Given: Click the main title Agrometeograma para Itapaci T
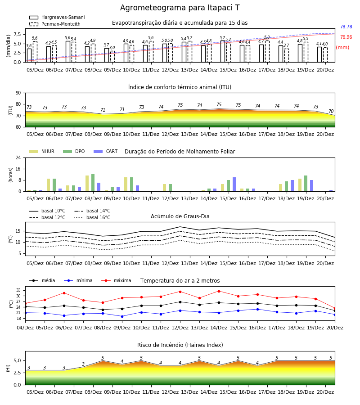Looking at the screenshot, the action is coord(180,8).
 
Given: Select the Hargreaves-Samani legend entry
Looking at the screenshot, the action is coord(57,17).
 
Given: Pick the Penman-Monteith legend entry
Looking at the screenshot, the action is coord(55,24).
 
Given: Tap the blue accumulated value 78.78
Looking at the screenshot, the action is coord(346,27).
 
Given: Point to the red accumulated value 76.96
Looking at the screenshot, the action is coord(346,37).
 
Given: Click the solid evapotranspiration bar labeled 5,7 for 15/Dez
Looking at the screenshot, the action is coord(223,51).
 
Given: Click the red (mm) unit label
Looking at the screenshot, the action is coord(342,48).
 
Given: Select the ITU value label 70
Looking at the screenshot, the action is coord(331,111).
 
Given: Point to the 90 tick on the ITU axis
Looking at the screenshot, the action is coord(18,93).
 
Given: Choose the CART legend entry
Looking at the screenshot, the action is coord(106,151).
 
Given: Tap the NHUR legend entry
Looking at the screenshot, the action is coord(42,151).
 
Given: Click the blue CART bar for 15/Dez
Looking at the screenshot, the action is coord(234,184).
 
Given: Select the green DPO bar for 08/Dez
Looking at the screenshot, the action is coord(93,183).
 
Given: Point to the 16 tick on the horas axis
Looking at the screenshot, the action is coord(18,169).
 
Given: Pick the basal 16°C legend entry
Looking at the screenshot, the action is coord(92,217).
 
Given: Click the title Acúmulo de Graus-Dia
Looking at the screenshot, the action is coord(180,216).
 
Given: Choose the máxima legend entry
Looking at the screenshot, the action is coord(116,280).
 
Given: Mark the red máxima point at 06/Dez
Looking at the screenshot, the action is coord(64,293).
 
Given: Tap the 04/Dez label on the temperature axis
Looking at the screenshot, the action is coord(25,328).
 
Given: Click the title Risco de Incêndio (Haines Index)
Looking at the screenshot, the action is coord(180,345).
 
